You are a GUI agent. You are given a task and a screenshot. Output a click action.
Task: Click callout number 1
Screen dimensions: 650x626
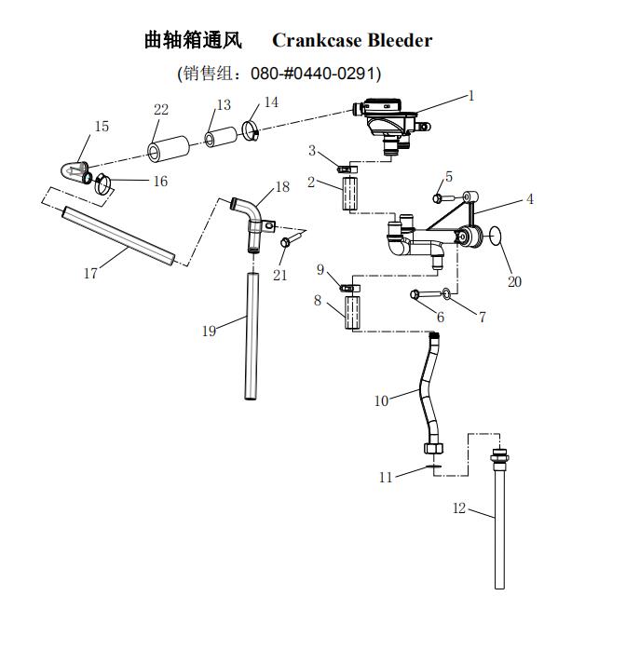click(x=471, y=95)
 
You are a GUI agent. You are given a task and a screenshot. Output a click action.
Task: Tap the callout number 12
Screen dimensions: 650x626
click(x=458, y=508)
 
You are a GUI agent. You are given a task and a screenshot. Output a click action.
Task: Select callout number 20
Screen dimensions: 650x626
click(x=514, y=281)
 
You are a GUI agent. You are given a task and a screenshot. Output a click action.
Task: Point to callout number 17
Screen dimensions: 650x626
click(x=90, y=274)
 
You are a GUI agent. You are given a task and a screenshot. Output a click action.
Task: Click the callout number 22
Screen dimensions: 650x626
click(x=161, y=110)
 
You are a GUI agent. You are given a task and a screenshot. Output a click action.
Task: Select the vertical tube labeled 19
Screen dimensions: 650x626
click(x=251, y=335)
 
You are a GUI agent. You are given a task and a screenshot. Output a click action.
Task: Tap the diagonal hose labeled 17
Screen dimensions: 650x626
click(x=118, y=237)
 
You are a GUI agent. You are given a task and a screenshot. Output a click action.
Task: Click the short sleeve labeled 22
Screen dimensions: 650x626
click(x=164, y=151)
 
